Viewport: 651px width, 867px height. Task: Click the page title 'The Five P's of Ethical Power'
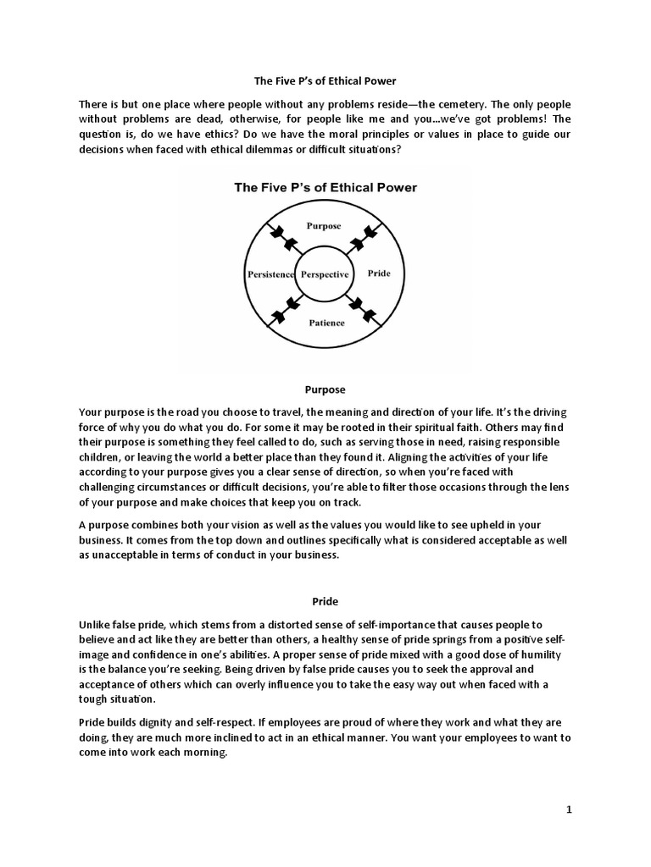click(x=325, y=81)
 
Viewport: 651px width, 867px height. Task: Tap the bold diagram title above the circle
click(x=325, y=187)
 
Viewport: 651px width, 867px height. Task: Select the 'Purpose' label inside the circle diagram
click(x=325, y=226)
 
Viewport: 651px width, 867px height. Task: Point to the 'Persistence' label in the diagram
click(x=270, y=274)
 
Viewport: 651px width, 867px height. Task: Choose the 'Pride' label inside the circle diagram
click(x=379, y=274)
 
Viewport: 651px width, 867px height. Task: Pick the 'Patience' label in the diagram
click(x=325, y=323)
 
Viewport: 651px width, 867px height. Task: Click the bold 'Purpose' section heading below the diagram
click(x=325, y=389)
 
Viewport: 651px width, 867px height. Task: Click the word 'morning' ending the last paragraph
click(x=206, y=755)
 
